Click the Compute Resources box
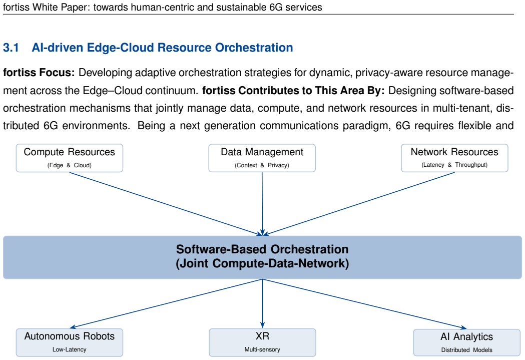(x=69, y=158)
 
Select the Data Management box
(x=262, y=158)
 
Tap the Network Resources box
(x=454, y=158)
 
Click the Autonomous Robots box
(x=69, y=342)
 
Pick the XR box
(x=262, y=342)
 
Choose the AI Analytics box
(x=467, y=342)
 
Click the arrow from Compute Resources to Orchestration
(x=166, y=204)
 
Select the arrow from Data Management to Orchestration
(x=262, y=204)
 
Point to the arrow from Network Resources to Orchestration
(x=358, y=204)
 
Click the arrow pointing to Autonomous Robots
(x=166, y=303)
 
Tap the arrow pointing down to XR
(x=262, y=303)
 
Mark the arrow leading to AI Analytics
(x=365, y=304)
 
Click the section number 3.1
(x=11, y=48)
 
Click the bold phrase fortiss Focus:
(x=39, y=73)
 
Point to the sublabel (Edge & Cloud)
(x=69, y=165)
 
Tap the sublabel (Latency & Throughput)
(x=454, y=165)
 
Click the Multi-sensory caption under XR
(x=262, y=349)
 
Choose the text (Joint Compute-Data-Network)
(x=262, y=263)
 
